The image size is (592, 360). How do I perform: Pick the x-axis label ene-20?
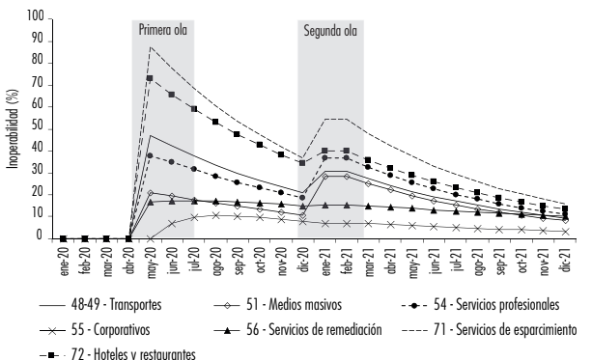coord(63,259)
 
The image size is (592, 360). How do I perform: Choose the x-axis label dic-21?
coord(566,259)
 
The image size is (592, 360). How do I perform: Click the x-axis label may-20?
coord(150,259)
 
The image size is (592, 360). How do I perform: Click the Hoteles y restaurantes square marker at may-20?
coord(150,78)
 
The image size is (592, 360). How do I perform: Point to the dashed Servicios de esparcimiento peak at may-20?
coord(150,46)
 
